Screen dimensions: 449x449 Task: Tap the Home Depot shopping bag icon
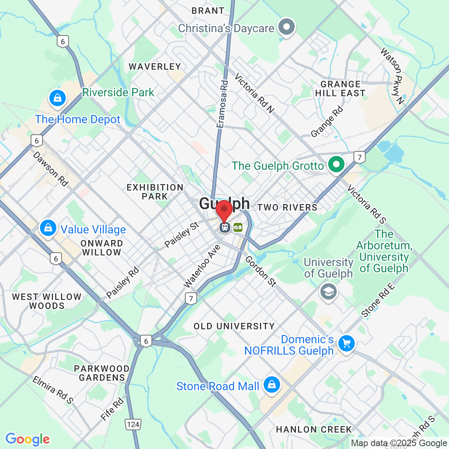coord(58,98)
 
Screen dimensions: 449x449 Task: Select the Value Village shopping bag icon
coord(48,228)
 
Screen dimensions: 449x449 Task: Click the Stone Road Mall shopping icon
coord(271,385)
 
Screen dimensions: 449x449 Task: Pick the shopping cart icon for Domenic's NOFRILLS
coord(347,343)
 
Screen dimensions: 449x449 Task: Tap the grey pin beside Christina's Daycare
coord(286,27)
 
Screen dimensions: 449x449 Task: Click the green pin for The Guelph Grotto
coord(336,164)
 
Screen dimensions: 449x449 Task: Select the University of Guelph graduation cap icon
coord(328,291)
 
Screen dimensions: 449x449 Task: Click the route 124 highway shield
coord(133,425)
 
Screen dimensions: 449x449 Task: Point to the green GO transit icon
coord(238,227)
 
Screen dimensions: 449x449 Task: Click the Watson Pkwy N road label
coord(392,76)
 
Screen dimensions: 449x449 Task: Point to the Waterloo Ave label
coord(202,266)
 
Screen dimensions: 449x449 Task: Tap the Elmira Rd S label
coord(53,390)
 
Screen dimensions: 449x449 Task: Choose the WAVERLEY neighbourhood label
coord(155,67)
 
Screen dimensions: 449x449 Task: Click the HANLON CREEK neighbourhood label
coord(313,429)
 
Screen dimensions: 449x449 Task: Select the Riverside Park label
coord(118,92)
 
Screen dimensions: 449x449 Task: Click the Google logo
coord(27,440)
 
